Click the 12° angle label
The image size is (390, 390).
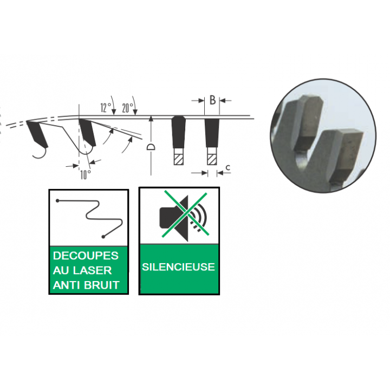pos(106,108)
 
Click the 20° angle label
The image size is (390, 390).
pos(128,108)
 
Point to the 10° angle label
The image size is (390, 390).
pos(86,175)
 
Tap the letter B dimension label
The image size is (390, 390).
pos(212,100)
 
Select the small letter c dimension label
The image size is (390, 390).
pos(227,167)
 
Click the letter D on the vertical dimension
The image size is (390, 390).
pos(151,147)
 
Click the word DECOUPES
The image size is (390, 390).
pos(86,256)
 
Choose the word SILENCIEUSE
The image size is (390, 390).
pos(178,267)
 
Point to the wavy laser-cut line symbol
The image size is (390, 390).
pos(90,218)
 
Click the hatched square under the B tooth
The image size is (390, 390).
pos(212,159)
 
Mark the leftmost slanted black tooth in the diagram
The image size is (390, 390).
pos(37,134)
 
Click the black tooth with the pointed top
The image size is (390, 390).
pos(178,132)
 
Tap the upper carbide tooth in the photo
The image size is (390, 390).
pos(308,122)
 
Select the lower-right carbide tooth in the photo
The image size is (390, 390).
pos(346,157)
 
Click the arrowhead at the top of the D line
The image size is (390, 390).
pos(151,119)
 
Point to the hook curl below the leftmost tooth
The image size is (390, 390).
pos(40,153)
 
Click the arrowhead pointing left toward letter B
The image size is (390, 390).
pos(223,101)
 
